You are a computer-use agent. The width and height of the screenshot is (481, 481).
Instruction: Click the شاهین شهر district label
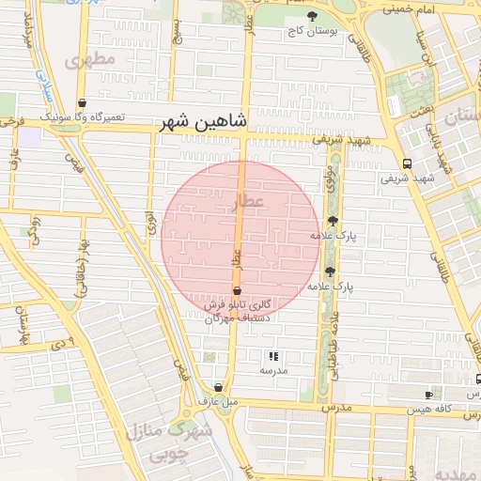click(202, 121)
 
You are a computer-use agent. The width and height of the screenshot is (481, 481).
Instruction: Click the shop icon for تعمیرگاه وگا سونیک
click(83, 103)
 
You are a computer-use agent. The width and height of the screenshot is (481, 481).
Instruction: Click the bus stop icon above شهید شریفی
click(406, 162)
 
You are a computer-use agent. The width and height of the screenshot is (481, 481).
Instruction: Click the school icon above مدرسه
click(273, 356)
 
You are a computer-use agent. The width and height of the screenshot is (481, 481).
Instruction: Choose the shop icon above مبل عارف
click(218, 387)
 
